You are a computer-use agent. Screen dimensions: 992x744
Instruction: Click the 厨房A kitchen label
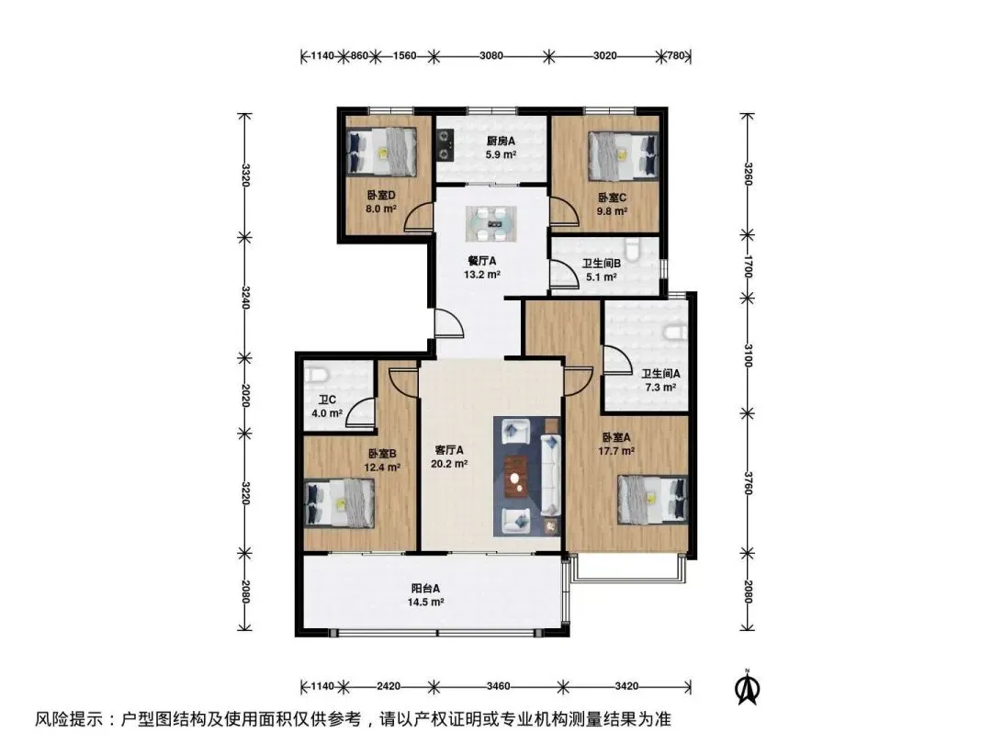point(500,141)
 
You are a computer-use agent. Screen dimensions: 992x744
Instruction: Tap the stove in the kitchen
point(445,145)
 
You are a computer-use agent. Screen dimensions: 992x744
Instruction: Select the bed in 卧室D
point(381,152)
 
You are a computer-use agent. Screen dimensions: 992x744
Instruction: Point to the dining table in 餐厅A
point(491,224)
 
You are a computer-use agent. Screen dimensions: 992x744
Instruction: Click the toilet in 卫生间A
point(675,332)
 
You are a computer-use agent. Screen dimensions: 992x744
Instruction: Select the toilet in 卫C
point(317,376)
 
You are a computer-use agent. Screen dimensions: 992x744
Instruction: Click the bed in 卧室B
point(340,503)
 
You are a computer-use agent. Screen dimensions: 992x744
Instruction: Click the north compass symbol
point(747,686)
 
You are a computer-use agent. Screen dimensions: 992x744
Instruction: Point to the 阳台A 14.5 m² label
point(425,595)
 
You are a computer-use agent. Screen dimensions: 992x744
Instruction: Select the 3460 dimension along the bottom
point(499,686)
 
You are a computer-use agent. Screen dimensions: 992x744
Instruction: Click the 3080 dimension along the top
point(490,55)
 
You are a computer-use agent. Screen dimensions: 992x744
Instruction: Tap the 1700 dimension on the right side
point(747,266)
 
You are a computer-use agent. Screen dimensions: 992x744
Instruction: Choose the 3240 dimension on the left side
point(245,298)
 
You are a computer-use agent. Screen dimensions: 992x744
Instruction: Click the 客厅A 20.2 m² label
point(449,457)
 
